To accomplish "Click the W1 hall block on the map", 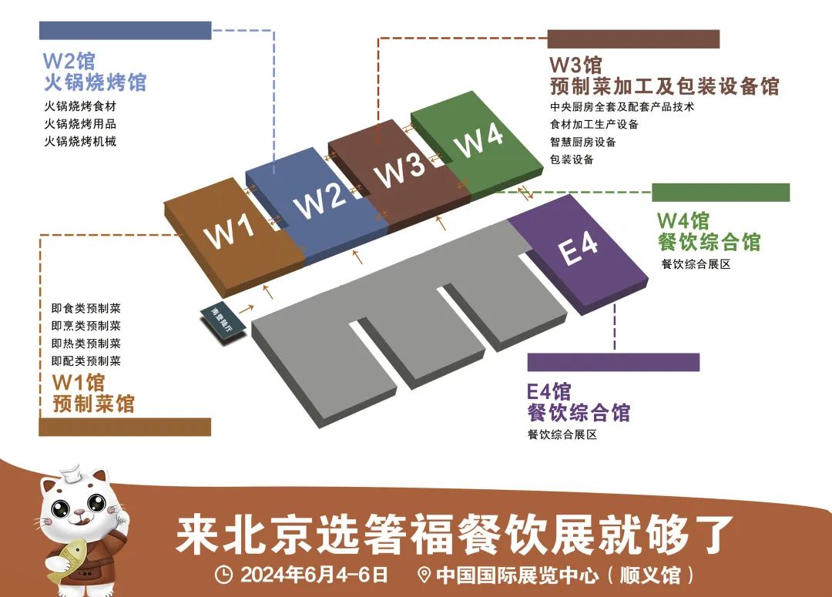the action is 234,231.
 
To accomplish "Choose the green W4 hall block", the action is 478,143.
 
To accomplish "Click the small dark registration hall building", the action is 222,320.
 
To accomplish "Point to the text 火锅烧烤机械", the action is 80,141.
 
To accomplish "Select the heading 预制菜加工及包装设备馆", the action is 663,86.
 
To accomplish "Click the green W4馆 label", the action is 683,220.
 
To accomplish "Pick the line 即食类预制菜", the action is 86,308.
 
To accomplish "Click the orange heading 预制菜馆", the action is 93,403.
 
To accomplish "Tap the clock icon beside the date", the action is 223,575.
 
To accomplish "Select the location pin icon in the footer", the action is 422,575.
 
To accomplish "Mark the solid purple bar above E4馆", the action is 613,362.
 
